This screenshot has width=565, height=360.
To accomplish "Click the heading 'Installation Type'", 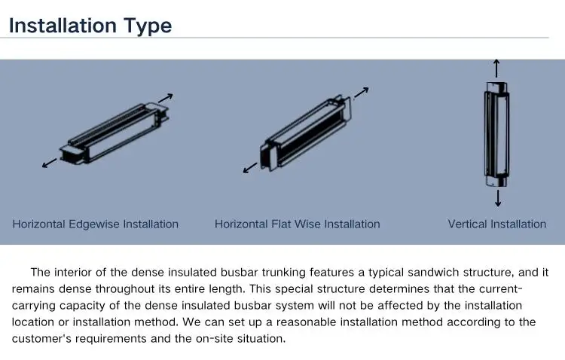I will pyautogui.click(x=90, y=26).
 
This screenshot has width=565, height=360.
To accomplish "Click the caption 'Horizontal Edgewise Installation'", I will pyautogui.click(x=96, y=224).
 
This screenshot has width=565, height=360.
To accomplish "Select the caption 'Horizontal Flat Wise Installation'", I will pyautogui.click(x=297, y=224).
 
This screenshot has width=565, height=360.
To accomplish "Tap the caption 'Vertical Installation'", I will pyautogui.click(x=496, y=224).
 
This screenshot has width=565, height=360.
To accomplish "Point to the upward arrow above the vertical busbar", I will pyautogui.click(x=496, y=68).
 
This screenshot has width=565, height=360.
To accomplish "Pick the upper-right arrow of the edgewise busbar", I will pyautogui.click(x=166, y=98).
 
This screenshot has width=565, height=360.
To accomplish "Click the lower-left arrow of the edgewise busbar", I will pyautogui.click(x=50, y=163).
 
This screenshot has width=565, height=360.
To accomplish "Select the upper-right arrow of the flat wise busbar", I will pyautogui.click(x=361, y=93).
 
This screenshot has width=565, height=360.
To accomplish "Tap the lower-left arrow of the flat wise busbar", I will pyautogui.click(x=249, y=168).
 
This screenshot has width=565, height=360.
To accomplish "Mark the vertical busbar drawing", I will pyautogui.click(x=496, y=133).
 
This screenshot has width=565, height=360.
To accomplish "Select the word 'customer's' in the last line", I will pyautogui.click(x=39, y=338).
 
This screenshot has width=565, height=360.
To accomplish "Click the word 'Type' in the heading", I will pyautogui.click(x=147, y=26).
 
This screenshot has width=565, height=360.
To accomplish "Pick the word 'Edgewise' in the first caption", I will pyautogui.click(x=94, y=224).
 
